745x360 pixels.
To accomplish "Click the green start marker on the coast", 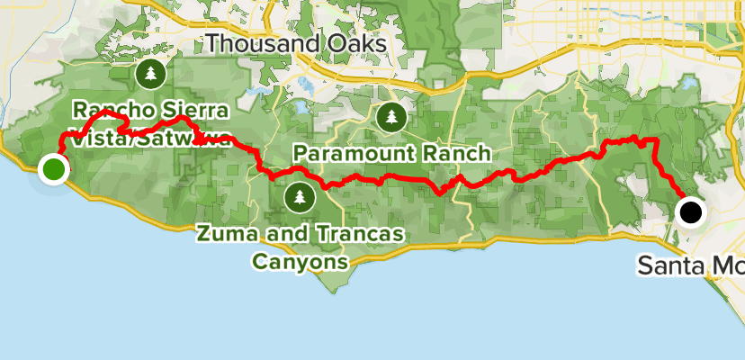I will pos(54,168).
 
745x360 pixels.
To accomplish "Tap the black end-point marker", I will pos(690,212).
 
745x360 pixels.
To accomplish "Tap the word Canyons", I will pos(299,262).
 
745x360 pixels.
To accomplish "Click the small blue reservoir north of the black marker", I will pos(690,83).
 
